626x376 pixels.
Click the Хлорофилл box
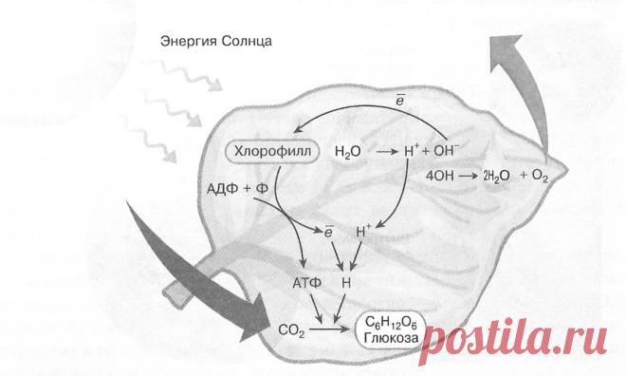(x=272, y=151)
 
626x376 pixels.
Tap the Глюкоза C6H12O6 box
(x=391, y=330)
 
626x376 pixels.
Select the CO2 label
(x=292, y=330)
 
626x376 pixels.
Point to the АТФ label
(x=307, y=283)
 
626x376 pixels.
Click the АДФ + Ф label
(x=237, y=189)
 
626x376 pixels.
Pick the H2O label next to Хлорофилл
(x=348, y=152)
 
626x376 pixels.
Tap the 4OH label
(x=439, y=176)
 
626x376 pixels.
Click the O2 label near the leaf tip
(x=540, y=177)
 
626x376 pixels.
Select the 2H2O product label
(x=496, y=176)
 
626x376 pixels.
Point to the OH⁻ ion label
(x=447, y=150)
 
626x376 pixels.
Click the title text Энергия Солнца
(x=216, y=41)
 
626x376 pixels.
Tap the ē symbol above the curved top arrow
(x=400, y=100)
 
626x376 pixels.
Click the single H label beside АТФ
(x=346, y=283)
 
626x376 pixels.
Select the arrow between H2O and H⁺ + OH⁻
(x=387, y=152)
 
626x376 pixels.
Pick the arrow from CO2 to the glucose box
(x=329, y=329)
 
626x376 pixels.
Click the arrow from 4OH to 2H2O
(x=468, y=176)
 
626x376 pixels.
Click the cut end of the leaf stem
(x=172, y=295)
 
